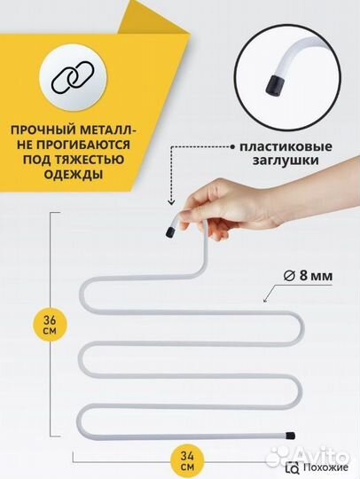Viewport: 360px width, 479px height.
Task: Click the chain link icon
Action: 70,77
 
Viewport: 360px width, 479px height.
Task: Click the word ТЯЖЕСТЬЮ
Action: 90,159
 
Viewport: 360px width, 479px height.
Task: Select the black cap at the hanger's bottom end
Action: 290,436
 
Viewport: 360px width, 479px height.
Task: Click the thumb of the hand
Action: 213,219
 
